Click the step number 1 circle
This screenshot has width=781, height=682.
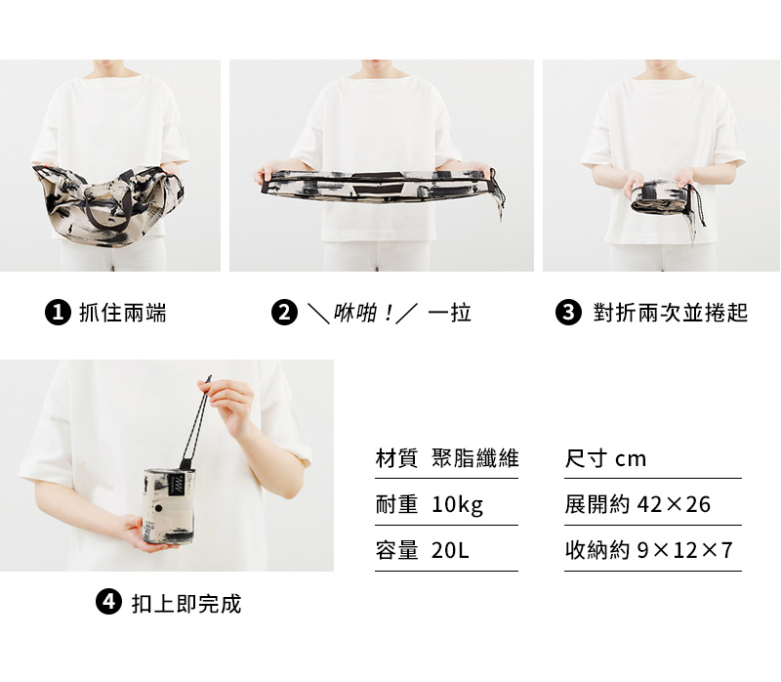tap(58, 313)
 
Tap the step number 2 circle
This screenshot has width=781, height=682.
tap(284, 313)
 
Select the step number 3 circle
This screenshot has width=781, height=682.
tap(568, 313)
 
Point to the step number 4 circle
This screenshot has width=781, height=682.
tap(108, 602)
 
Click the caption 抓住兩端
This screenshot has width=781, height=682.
tap(123, 313)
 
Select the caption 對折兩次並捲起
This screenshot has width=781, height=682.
tap(671, 313)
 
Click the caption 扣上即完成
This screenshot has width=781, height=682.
tap(186, 603)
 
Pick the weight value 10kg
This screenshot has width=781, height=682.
tap(457, 504)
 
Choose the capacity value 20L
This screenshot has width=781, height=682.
tap(450, 550)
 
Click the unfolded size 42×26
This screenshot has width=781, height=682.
tap(674, 504)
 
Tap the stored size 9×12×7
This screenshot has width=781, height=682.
tap(685, 550)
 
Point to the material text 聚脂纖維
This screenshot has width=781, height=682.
tap(475, 458)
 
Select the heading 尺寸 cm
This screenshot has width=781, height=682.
tap(605, 458)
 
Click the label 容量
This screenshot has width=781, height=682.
tap(397, 550)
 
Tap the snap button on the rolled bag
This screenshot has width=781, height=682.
tap(159, 508)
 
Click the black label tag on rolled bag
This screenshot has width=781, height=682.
tap(178, 483)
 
